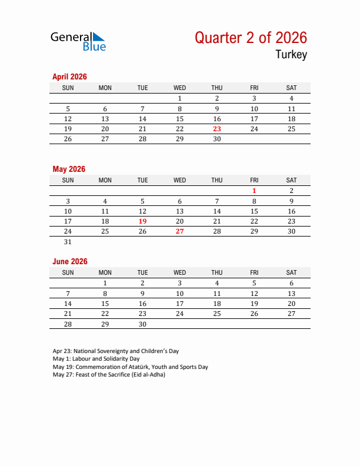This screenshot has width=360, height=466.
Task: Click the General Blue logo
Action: (x=78, y=41)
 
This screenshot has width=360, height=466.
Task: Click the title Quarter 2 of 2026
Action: (x=251, y=38)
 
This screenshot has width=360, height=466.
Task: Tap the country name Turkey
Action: (x=291, y=55)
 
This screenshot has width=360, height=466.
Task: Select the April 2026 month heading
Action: (x=69, y=76)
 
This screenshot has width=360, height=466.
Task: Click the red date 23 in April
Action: (x=217, y=129)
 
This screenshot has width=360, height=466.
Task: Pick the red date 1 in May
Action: (x=254, y=191)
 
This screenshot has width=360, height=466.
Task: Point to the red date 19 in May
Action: (x=142, y=221)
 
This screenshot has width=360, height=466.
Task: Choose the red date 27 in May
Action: (x=180, y=231)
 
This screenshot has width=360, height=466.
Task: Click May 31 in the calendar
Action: (x=68, y=242)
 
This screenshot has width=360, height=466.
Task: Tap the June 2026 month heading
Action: (x=70, y=261)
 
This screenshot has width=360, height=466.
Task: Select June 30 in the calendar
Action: (x=142, y=324)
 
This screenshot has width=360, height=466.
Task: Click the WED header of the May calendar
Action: (x=180, y=180)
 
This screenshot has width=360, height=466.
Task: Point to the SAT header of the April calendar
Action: (x=291, y=88)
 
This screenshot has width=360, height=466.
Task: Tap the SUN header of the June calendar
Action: (x=68, y=272)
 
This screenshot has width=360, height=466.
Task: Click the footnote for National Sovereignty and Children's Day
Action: (x=115, y=351)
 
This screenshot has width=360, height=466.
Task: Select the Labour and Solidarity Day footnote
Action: (x=96, y=359)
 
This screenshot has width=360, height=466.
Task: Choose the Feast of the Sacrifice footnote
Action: (x=109, y=375)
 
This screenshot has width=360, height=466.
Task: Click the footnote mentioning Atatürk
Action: (x=130, y=367)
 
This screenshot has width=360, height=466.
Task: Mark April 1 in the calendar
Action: (x=180, y=98)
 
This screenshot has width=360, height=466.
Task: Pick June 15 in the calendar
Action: (x=105, y=304)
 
